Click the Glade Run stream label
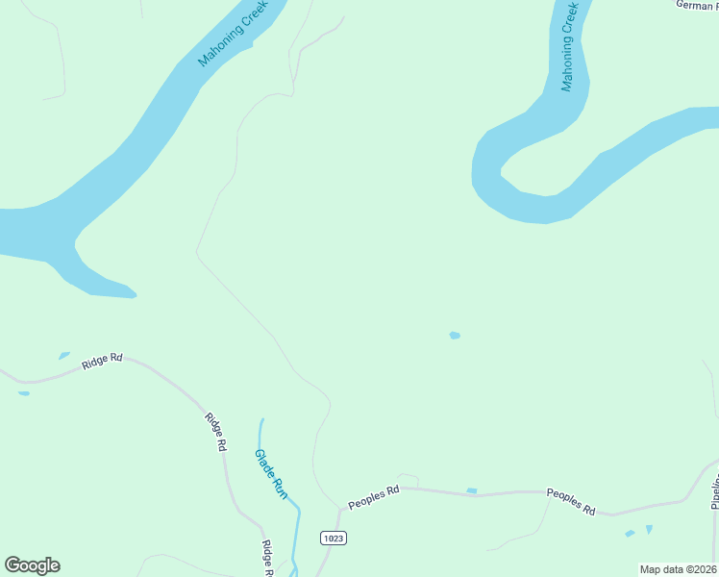tap(271, 473)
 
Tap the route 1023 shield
tap(334, 538)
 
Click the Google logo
tap(32, 565)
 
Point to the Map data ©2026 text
tap(679, 569)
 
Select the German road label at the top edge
tap(695, 5)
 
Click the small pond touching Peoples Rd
tap(471, 491)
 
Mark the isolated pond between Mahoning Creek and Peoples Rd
tap(455, 336)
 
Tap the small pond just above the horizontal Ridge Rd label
tap(64, 355)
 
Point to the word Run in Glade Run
tap(281, 488)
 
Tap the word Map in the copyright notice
tap(651, 569)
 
